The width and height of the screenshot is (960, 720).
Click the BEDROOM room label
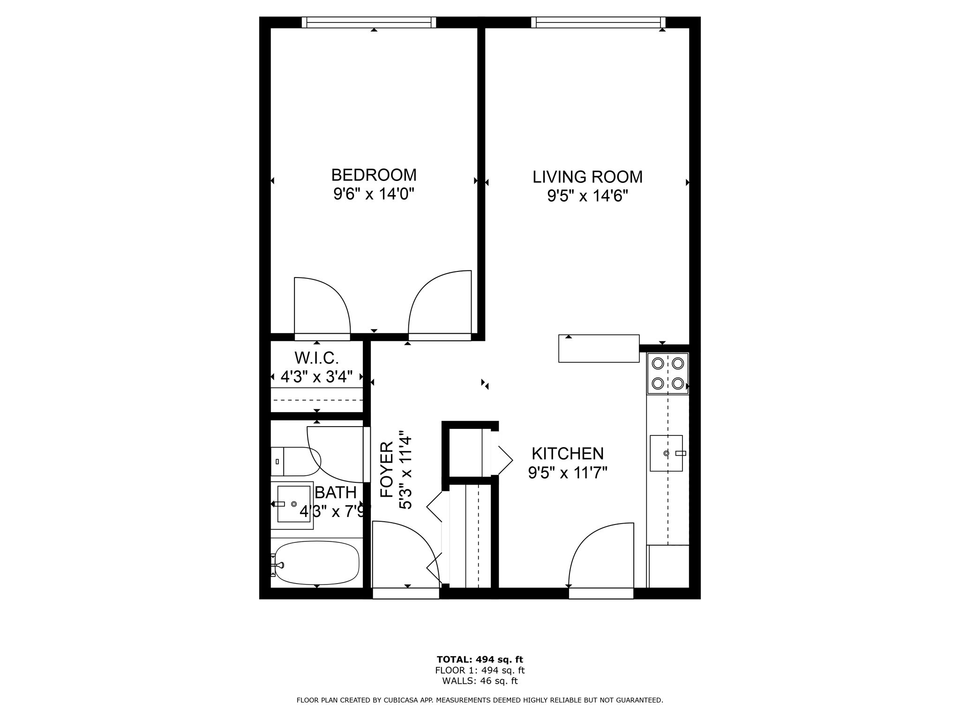click(374, 175)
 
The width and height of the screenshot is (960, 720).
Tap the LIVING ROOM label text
click(587, 177)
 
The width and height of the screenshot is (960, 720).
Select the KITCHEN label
click(568, 453)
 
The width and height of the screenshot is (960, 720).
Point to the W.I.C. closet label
click(316, 358)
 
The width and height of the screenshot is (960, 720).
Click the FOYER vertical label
click(386, 469)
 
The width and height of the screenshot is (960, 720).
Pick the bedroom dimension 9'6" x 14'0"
click(374, 194)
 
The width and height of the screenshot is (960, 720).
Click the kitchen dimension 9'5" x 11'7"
click(568, 472)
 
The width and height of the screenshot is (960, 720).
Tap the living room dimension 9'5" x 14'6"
click(587, 195)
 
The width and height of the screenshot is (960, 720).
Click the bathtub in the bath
click(317, 563)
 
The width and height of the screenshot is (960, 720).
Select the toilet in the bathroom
click(295, 461)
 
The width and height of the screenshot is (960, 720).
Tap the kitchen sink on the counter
click(666, 453)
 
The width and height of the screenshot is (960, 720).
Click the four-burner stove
click(668, 374)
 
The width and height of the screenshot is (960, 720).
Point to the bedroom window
click(369, 22)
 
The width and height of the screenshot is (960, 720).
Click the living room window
click(599, 22)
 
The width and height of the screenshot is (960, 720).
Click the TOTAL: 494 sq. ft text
click(480, 660)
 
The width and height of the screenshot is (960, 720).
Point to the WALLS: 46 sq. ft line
click(480, 682)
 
